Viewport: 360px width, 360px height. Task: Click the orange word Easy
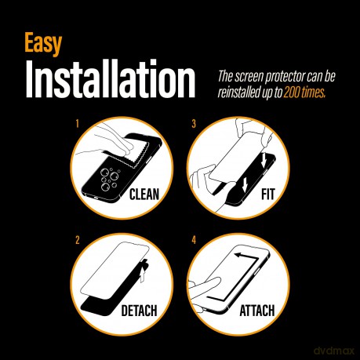click(43, 44)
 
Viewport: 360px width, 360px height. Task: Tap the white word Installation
click(111, 78)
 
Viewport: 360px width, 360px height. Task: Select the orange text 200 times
click(304, 93)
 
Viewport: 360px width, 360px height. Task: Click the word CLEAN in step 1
click(144, 195)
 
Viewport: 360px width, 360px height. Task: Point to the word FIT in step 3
click(268, 195)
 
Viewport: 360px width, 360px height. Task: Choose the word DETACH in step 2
click(140, 311)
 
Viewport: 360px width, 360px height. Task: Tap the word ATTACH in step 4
click(257, 311)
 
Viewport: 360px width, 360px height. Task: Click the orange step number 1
click(78, 124)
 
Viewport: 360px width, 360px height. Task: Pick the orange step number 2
click(78, 240)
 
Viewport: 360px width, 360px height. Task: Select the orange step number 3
click(194, 124)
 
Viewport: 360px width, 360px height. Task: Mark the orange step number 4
click(194, 240)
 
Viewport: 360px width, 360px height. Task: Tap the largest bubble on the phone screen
click(105, 173)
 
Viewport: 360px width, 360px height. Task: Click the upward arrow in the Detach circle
click(142, 275)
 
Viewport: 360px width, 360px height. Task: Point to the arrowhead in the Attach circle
click(238, 255)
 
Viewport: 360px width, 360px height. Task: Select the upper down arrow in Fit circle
click(264, 160)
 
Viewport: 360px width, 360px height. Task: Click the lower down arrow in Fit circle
click(245, 184)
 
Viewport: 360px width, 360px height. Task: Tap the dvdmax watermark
click(333, 351)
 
